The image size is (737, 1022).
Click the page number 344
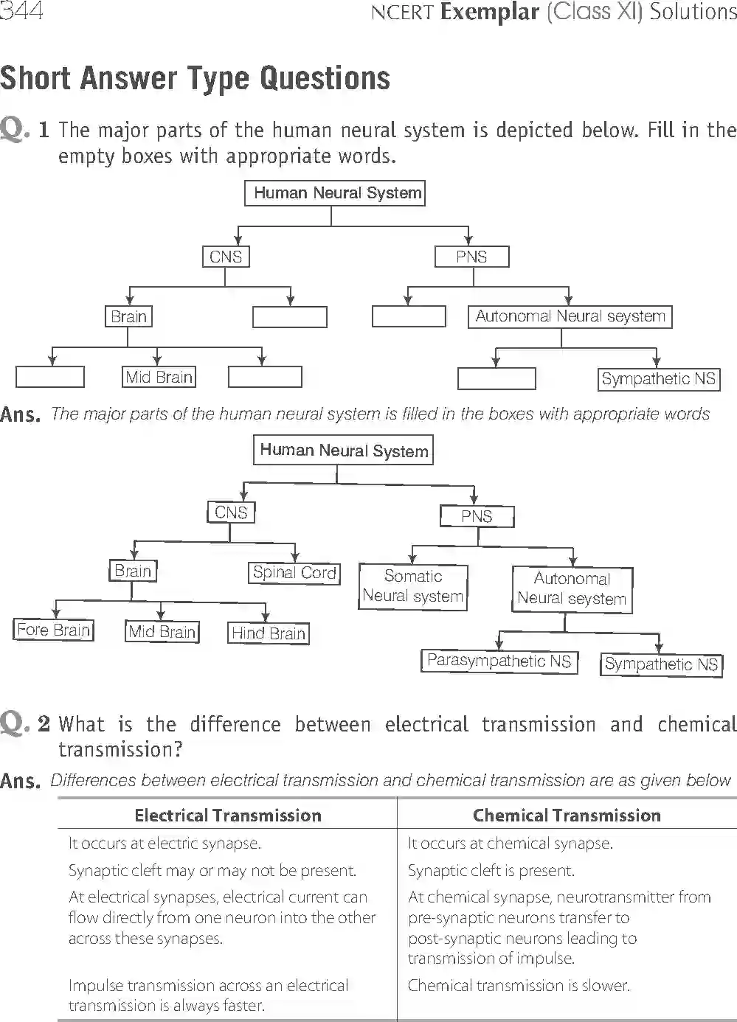pos(21,12)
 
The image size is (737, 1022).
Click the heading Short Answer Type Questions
pos(195,78)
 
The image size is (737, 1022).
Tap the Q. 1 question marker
pos(25,130)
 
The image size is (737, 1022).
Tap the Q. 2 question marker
pos(25,723)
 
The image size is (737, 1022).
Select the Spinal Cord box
pos(294,573)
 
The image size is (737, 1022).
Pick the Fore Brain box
pos(54,630)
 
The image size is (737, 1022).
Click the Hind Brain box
pos(269,633)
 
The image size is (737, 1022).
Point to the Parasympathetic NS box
pos(499,661)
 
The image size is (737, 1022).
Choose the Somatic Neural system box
pos(413,586)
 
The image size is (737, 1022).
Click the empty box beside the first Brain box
pos(290,317)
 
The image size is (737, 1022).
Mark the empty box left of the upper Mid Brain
pos(50,377)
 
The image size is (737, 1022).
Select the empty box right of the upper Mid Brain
pos(265,377)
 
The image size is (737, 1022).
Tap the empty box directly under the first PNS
pos(409,316)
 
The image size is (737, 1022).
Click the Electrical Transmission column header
pos(228,816)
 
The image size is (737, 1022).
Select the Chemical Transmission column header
pos(567,816)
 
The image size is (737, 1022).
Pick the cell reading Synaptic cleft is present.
pos(491,871)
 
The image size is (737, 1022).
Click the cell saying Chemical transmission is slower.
pos(519,986)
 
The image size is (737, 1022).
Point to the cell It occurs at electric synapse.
pos(165,844)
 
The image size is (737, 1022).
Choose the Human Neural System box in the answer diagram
pos(344,451)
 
